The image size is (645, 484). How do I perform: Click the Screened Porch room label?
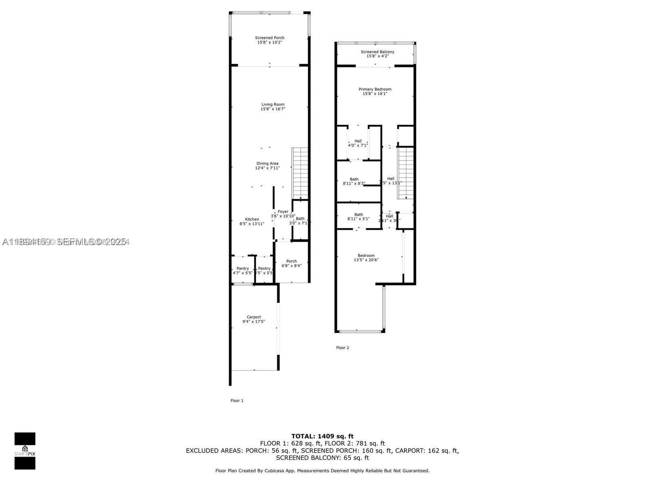270,38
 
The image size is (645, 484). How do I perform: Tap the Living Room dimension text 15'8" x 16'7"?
273,109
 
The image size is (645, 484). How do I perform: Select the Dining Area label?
267,163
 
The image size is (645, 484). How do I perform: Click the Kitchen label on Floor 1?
252,219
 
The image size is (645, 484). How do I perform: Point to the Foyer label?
283,211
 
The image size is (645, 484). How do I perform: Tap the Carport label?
254,317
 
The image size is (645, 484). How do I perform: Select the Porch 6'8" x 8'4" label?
291,263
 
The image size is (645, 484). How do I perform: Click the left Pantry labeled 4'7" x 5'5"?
243,271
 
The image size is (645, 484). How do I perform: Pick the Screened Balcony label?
377,52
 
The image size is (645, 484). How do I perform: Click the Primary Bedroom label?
375,89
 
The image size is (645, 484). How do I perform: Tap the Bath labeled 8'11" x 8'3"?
354,181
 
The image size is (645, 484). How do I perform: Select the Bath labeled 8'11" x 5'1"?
358,217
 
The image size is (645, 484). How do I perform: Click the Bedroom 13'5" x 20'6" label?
366,257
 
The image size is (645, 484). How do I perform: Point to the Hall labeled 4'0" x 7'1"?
358,143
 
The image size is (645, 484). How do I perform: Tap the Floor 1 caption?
237,401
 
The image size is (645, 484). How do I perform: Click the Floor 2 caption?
343,348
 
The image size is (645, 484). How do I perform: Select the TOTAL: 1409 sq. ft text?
322,436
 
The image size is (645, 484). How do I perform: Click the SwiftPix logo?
25,451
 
